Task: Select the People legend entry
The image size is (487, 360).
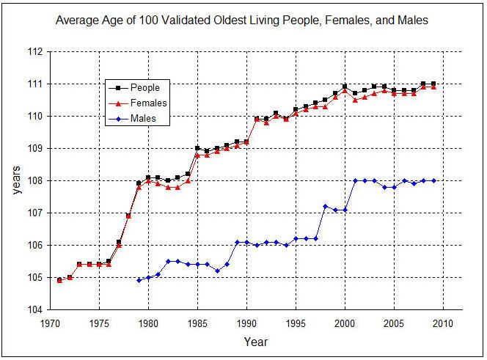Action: click(x=145, y=87)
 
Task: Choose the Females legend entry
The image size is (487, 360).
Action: click(x=150, y=103)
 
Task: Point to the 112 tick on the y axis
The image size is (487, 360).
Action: click(x=34, y=52)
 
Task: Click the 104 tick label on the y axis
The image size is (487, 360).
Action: click(x=34, y=309)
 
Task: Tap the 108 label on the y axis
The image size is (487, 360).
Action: click(x=34, y=180)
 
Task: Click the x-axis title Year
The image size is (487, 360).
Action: click(x=256, y=342)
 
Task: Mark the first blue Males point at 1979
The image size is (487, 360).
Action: click(x=139, y=280)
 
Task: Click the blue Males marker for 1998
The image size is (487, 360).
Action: click(x=326, y=206)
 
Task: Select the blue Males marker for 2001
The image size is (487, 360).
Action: click(x=355, y=180)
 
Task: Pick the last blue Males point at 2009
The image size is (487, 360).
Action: click(x=433, y=180)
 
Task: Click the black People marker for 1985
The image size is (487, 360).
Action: click(x=197, y=148)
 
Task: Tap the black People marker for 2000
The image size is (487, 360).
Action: click(x=345, y=87)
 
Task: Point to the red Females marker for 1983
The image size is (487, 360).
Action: click(x=177, y=187)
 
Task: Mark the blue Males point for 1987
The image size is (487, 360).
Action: click(x=217, y=271)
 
